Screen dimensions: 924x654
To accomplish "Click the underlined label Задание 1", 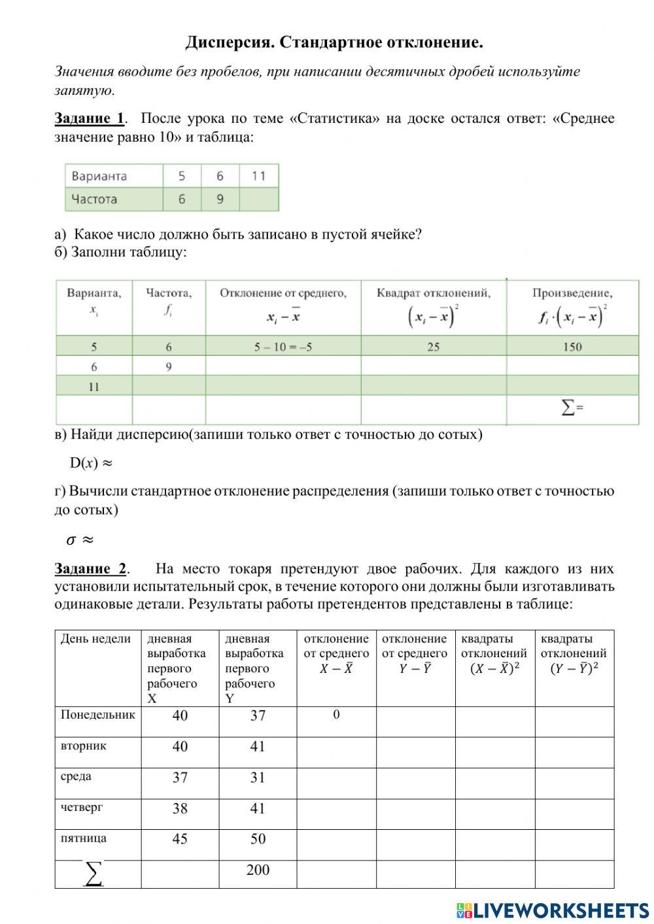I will click(x=89, y=118).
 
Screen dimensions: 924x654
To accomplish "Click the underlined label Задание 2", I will click(x=90, y=569).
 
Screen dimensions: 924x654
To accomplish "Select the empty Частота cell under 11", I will click(x=259, y=199).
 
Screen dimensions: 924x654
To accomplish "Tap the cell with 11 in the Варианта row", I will click(x=259, y=176).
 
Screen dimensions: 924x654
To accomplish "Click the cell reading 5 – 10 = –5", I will click(x=283, y=347).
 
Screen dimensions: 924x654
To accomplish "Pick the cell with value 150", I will click(x=572, y=347).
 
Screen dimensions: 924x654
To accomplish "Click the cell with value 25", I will click(x=433, y=347).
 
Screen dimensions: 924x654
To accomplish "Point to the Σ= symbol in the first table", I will click(x=572, y=409).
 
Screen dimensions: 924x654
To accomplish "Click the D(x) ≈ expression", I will click(x=91, y=463).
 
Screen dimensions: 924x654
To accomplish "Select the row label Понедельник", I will click(x=97, y=715).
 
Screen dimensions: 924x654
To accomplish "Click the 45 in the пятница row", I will click(x=180, y=839).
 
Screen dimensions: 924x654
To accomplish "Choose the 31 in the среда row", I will click(x=258, y=778).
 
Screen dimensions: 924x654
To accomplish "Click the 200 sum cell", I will click(x=258, y=870).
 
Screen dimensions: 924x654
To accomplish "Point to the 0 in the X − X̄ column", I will click(x=336, y=715).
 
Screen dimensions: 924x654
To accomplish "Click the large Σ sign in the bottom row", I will click(x=94, y=874).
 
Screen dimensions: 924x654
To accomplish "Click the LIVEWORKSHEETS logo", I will click(x=553, y=910).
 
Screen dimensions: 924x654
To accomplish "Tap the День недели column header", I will click(x=96, y=639).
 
